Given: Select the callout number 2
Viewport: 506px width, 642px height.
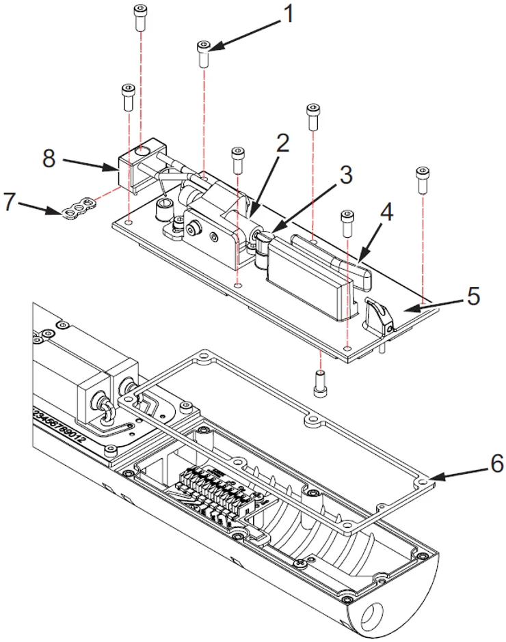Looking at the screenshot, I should pos(282,143).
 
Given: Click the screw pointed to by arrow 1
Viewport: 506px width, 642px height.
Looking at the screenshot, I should pos(204,53).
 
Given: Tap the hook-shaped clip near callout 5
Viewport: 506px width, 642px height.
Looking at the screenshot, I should pos(378,314).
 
